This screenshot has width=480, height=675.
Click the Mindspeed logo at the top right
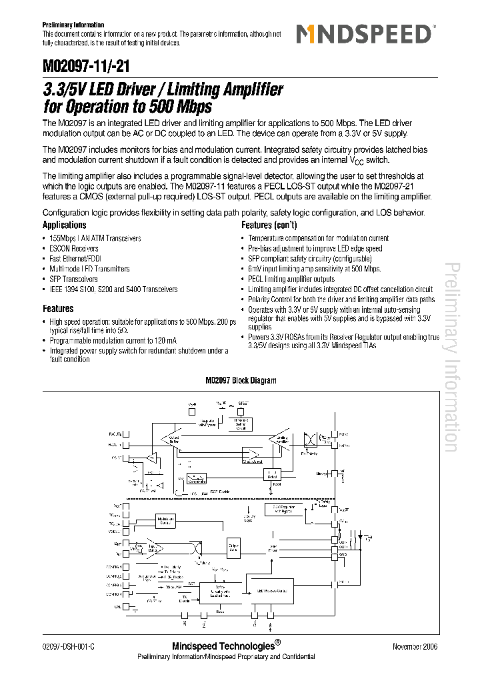pyautogui.click(x=365, y=34)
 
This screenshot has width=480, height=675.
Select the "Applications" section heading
pyautogui.click(x=65, y=225)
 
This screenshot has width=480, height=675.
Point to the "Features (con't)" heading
pyautogui.click(x=271, y=225)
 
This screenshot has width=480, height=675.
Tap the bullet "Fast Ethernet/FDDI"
pyautogui.click(x=75, y=259)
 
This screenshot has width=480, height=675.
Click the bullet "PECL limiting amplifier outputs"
pyautogui.click(x=291, y=279)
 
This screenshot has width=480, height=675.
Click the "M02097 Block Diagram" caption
pyautogui.click(x=240, y=381)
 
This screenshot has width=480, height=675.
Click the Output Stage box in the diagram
pyautogui.click(x=234, y=548)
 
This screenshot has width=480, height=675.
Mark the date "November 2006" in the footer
pyautogui.click(x=415, y=646)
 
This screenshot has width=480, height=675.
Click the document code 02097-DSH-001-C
pyautogui.click(x=68, y=646)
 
